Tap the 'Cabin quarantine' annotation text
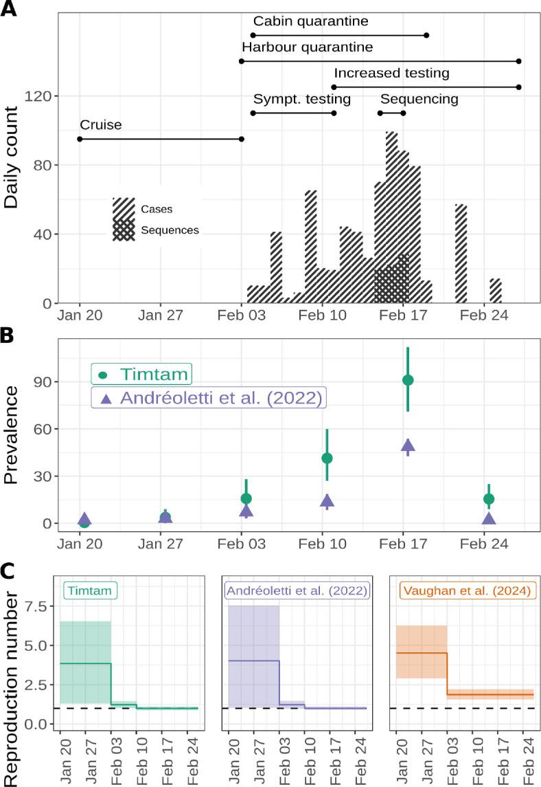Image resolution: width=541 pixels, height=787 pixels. pyautogui.click(x=310, y=21)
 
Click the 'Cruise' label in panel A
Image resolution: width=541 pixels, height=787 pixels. pyautogui.click(x=100, y=125)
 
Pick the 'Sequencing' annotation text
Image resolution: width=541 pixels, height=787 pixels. pyautogui.click(x=419, y=99)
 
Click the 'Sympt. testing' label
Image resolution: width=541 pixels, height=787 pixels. pyautogui.click(x=302, y=99)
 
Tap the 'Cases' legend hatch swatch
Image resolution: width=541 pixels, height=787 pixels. pyautogui.click(x=124, y=208)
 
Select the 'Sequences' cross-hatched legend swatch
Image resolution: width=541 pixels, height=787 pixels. pyautogui.click(x=124, y=230)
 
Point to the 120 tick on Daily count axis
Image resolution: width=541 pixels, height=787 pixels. pyautogui.click(x=37, y=96)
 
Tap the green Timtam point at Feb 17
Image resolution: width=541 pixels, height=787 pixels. pyautogui.click(x=408, y=380)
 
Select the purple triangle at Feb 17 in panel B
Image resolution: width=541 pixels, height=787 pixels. pyautogui.click(x=408, y=446)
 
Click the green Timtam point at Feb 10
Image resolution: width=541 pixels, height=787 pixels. pyautogui.click(x=327, y=458)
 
